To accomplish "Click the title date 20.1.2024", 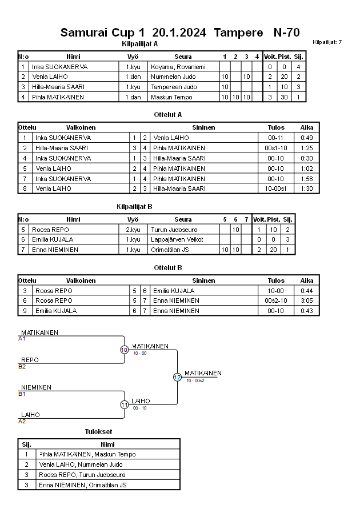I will [179, 33].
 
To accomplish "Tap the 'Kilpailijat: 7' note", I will [327, 42].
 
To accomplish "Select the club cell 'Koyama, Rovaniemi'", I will [175, 67].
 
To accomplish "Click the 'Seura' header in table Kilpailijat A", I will [183, 57].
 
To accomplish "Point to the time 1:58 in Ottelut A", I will [307, 179].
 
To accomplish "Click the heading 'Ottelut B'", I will [168, 268].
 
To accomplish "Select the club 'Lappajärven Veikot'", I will [177, 239].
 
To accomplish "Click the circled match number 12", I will [177, 377].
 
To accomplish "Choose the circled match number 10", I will [124, 350].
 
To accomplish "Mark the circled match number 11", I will [124, 404].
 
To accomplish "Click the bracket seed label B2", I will [22, 366].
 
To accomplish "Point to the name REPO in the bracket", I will [30, 360].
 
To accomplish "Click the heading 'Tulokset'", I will [98, 431].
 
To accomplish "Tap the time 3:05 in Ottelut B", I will [307, 300].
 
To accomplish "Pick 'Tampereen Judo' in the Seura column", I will [174, 87].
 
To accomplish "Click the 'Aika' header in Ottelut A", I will [307, 127].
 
